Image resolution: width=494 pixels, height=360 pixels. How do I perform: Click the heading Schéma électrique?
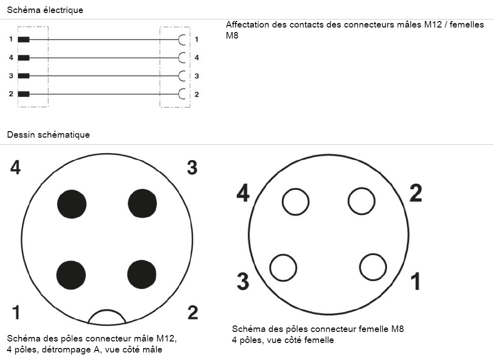45,10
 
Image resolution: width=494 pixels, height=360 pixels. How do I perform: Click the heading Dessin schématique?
49,135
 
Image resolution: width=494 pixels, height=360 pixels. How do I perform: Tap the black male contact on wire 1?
24,40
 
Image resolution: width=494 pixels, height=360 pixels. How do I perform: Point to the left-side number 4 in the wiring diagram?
11,58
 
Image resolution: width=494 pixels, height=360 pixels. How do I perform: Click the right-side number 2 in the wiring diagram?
197,94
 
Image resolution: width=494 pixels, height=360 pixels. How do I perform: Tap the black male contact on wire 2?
24,94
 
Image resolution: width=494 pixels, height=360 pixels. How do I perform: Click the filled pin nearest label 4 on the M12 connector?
72,204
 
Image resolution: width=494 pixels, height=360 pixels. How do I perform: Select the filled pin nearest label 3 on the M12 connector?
143,204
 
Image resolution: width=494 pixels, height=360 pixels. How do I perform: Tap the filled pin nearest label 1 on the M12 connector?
71,275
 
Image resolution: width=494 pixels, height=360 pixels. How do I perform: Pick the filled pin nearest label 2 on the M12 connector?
142,275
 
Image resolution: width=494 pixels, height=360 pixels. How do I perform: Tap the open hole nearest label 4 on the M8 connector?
296,202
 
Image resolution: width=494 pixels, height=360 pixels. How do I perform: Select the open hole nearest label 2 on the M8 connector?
361,201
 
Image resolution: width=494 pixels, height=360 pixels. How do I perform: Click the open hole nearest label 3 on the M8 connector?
283,267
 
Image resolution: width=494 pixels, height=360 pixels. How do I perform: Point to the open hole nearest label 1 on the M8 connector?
373,267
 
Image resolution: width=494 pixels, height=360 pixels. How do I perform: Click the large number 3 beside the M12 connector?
192,168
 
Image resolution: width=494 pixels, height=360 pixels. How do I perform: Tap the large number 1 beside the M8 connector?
415,282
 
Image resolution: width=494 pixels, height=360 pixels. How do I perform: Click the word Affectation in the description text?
248,25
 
